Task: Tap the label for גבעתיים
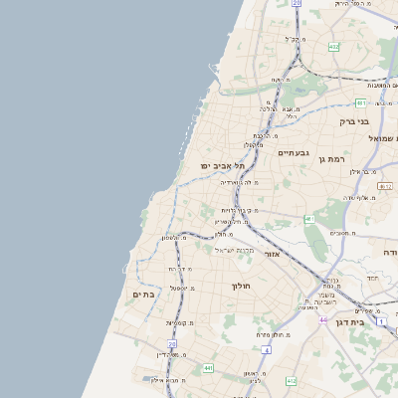coord(296,152)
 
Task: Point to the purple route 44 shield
coord(323,319)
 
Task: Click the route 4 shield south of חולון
coord(266,350)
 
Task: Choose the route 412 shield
coord(291,380)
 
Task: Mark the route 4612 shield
coord(332,47)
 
